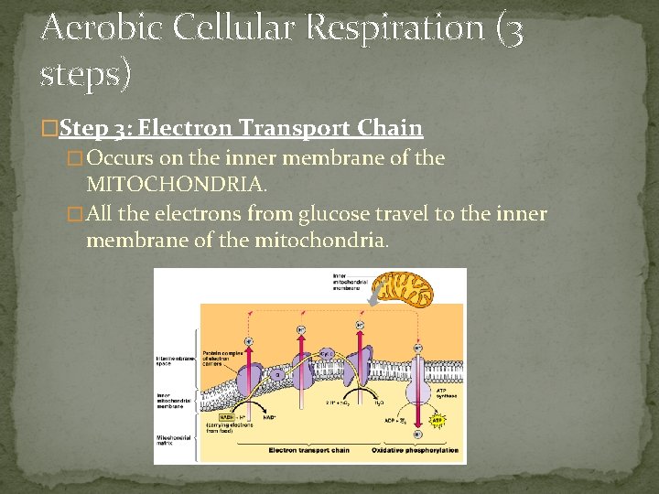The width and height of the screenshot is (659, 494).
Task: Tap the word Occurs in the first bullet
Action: pyautogui.click(x=124, y=158)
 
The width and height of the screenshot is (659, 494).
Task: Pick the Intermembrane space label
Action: pyautogui.click(x=173, y=360)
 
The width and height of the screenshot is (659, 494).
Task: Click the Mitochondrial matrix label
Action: pyautogui.click(x=173, y=441)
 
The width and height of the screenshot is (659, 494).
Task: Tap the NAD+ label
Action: pyautogui.click(x=271, y=416)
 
